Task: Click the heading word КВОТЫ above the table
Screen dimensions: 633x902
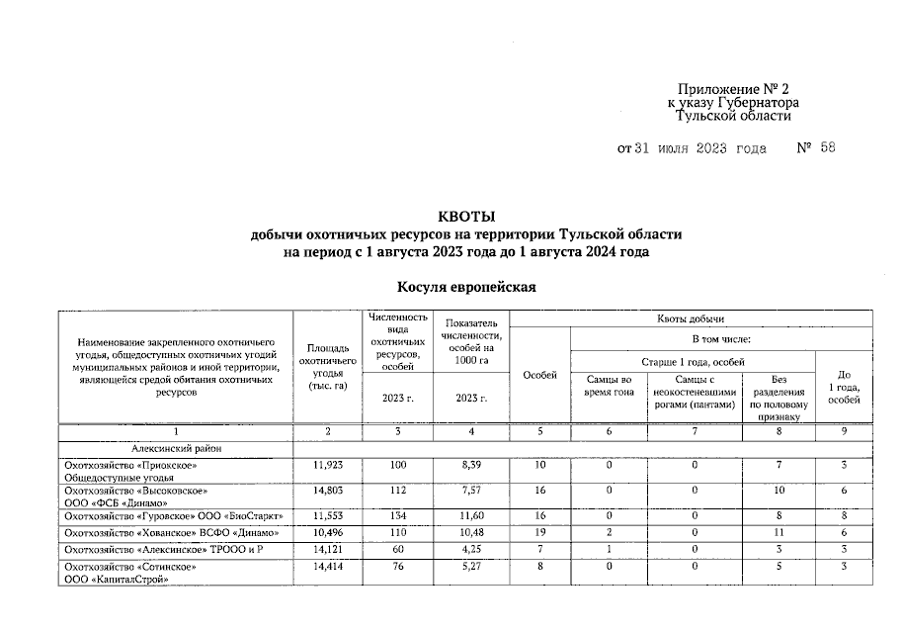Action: pos(465,217)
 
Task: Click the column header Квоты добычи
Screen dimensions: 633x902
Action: pos(691,318)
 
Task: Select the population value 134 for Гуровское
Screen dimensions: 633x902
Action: pos(398,516)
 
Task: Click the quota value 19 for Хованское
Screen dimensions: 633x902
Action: pos(539,535)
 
